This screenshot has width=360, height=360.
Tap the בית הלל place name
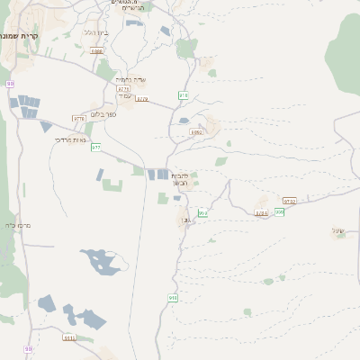[96, 32]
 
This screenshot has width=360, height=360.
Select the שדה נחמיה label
[132, 80]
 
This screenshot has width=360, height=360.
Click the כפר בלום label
[105, 116]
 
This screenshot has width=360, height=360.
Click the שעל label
[338, 231]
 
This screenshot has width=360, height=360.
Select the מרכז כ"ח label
[17, 226]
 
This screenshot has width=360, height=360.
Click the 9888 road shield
[96, 51]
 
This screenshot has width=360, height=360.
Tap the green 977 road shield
[96, 147]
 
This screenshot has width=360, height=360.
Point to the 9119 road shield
[69, 338]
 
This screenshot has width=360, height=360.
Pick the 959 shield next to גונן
[203, 213]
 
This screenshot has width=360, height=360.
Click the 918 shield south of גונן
[173, 298]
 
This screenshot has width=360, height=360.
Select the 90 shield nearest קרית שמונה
[10, 84]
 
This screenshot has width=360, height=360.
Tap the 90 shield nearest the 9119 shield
[29, 348]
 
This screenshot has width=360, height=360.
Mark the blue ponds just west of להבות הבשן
[157, 175]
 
